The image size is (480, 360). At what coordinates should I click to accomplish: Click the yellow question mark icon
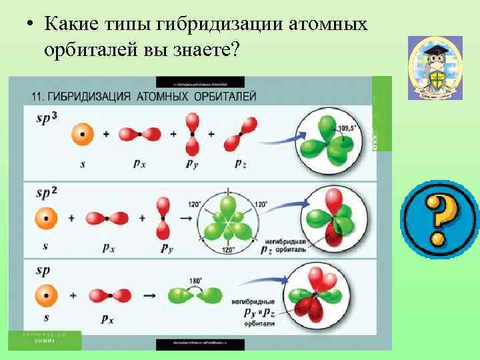(x=436, y=219)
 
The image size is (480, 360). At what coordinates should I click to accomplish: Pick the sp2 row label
(x=47, y=193)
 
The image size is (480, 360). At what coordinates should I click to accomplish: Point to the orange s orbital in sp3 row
(x=82, y=134)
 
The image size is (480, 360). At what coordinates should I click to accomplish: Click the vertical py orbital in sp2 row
(x=163, y=218)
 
